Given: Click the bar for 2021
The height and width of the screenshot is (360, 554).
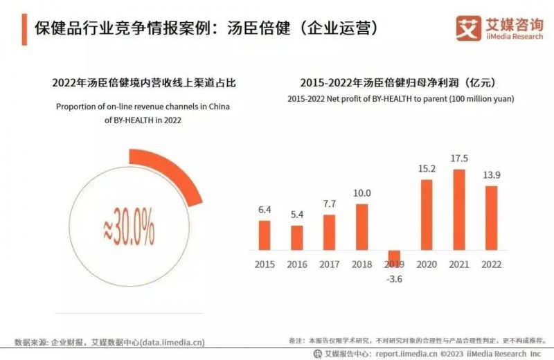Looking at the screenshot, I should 458,210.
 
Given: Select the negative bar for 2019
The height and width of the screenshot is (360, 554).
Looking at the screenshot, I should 395,257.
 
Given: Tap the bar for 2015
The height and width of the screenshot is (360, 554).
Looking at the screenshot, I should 264,235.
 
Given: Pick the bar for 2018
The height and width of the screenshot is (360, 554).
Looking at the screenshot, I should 361,227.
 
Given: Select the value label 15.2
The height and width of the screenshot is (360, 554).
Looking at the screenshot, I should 427,169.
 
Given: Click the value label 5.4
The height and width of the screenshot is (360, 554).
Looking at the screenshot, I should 296,215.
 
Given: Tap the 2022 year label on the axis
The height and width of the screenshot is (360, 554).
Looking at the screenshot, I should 491,264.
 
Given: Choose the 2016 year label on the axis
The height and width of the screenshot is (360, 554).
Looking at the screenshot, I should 296,264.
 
